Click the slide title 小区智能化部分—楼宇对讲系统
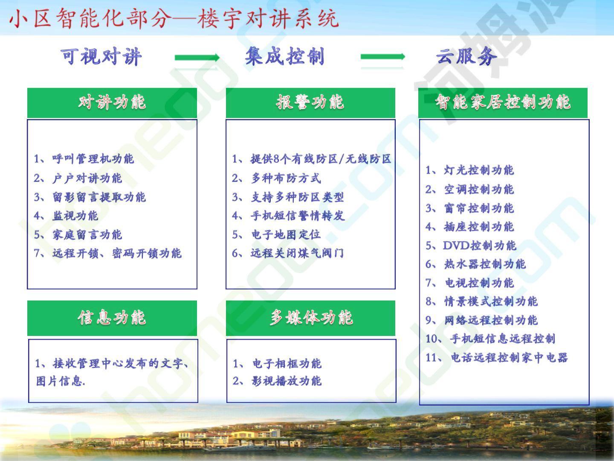pos(174,18)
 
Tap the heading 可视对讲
pos(101,57)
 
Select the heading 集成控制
pos(285,56)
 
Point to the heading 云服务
pos(466,56)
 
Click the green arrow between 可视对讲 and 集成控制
pos(197,58)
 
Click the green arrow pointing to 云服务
pos(382,57)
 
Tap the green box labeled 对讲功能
pos(112,103)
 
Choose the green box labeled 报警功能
pos(310,103)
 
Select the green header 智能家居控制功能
pos(503,103)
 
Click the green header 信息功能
pos(112,318)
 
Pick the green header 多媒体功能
pos(310,318)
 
